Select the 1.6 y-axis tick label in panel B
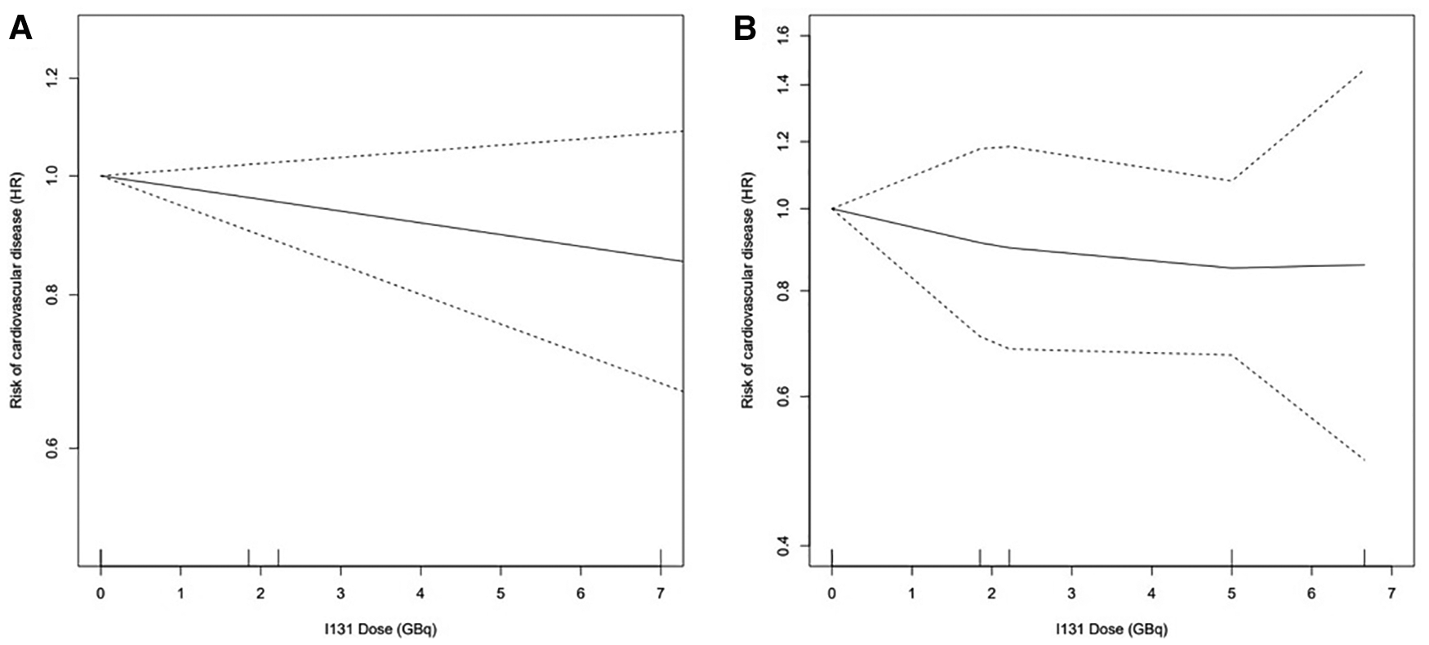pyautogui.click(x=785, y=37)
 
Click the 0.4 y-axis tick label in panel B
pyautogui.click(x=785, y=545)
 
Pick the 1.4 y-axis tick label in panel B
pyautogui.click(x=785, y=85)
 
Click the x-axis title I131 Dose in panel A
pyautogui.click(x=381, y=629)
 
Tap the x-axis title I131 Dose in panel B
pyautogui.click(x=1111, y=629)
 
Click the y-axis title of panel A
pyautogui.click(x=16, y=290)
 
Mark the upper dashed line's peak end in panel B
pyautogui.click(x=1364, y=71)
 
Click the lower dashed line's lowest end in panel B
pyautogui.click(x=1364, y=460)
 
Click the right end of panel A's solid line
pyautogui.click(x=682, y=261)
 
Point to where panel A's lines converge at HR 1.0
pyautogui.click(x=101, y=176)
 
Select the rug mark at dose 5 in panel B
pyautogui.click(x=1231, y=557)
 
